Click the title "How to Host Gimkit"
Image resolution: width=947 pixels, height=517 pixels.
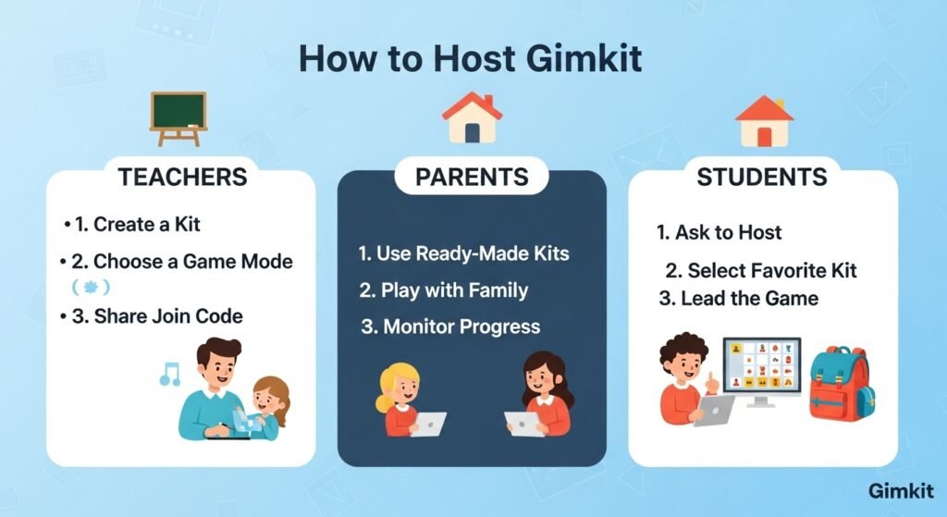click(472, 59)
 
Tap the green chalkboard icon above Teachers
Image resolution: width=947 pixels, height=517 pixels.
click(178, 117)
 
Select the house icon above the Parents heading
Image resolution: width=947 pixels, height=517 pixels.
click(472, 117)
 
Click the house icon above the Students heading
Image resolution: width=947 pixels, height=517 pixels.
click(765, 120)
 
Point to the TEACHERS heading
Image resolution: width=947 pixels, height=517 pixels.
click(181, 177)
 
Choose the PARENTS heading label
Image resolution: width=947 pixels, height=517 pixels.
click(472, 177)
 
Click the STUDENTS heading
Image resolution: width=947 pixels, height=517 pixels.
click(761, 177)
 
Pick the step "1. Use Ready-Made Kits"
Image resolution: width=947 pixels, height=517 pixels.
click(463, 252)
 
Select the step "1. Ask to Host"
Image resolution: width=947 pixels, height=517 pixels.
click(719, 232)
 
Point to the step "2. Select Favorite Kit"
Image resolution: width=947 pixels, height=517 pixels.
click(760, 270)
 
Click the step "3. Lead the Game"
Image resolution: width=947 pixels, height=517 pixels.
click(738, 299)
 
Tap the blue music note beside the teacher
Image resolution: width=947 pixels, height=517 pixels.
click(169, 374)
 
